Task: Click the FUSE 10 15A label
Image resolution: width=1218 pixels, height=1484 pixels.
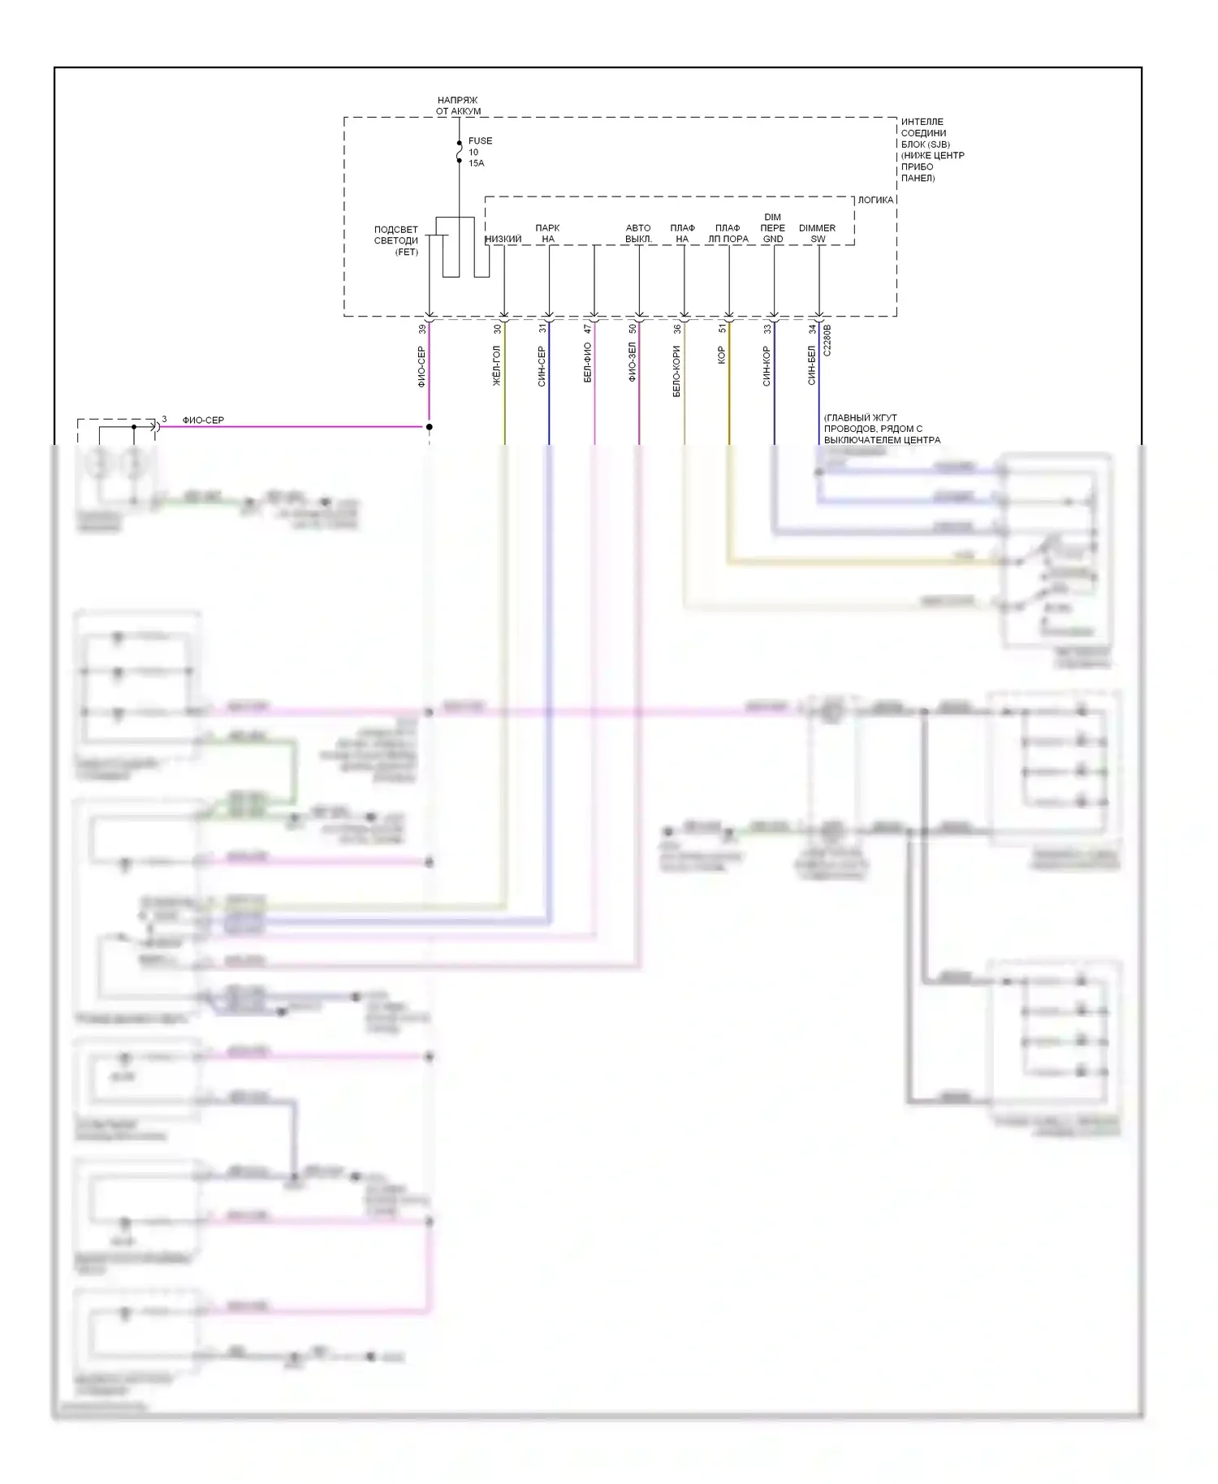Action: point(479,152)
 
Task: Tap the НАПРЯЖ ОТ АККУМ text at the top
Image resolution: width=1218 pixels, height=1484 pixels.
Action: point(458,106)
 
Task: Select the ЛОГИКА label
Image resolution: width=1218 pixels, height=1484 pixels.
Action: point(875,200)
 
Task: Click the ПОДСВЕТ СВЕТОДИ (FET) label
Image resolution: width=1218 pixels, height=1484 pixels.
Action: point(396,240)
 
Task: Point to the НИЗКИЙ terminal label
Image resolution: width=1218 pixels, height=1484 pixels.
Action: point(503,239)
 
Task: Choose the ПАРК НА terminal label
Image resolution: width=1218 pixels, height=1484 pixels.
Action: point(548,234)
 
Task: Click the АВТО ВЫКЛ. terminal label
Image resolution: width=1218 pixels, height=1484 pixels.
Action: point(638,234)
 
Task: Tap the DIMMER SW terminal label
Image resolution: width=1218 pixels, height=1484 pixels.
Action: point(817,234)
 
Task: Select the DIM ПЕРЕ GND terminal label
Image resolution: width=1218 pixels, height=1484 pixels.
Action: point(772,228)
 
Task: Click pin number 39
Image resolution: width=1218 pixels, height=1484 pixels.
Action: point(421,330)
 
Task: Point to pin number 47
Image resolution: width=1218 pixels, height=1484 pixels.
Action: point(588,330)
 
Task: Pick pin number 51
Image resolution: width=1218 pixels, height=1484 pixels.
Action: point(722,330)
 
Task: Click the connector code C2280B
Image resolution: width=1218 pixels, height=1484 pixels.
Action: point(827,340)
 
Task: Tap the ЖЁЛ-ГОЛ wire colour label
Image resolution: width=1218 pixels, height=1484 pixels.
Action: point(497,365)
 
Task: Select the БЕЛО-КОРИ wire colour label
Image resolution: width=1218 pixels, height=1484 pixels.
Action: point(676,371)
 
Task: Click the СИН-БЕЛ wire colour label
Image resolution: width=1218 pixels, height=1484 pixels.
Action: point(811,365)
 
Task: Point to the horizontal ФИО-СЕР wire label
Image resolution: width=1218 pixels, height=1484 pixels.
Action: point(203,420)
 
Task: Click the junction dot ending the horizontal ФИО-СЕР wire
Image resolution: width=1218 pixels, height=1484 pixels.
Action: point(430,426)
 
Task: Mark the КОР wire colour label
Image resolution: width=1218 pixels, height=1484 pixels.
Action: point(722,355)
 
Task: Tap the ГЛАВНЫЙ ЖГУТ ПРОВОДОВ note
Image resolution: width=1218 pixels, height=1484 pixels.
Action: point(882,429)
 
